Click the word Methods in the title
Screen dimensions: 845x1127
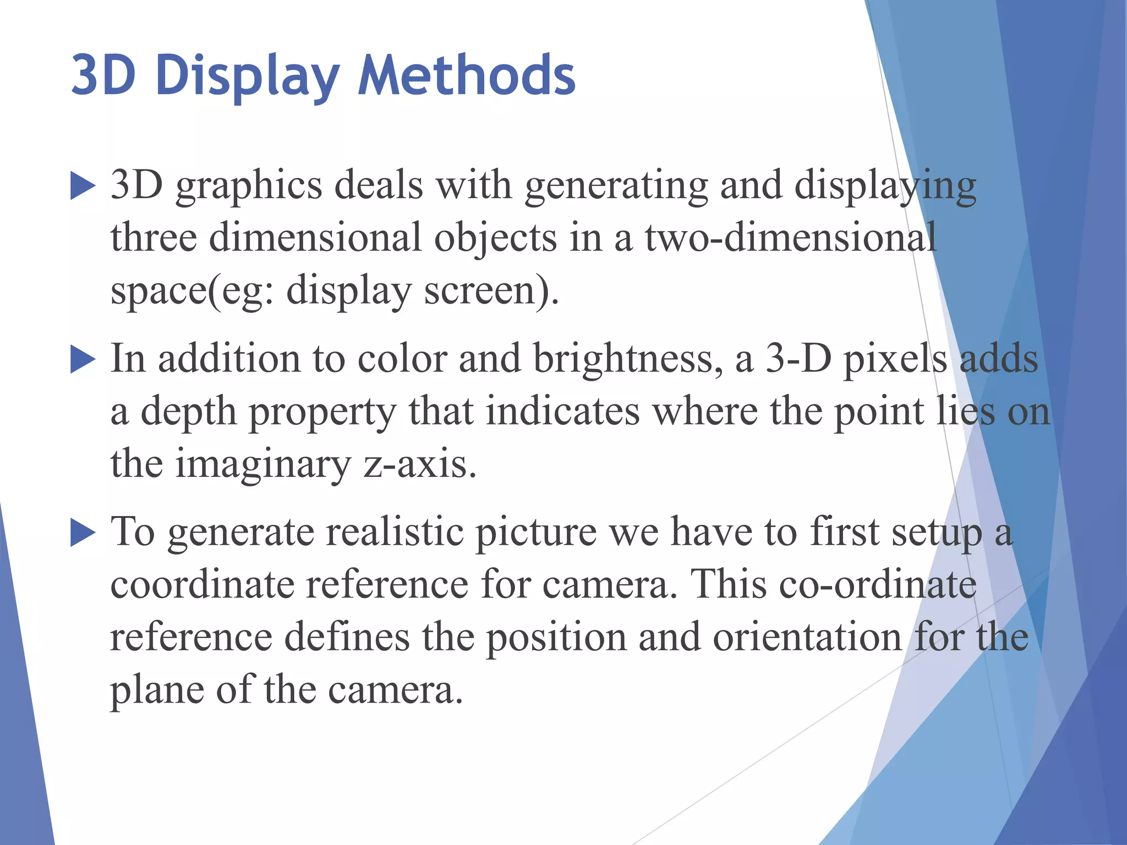point(467,75)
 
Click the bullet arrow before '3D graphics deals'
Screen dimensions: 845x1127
point(83,186)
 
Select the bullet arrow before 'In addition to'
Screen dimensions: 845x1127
point(83,360)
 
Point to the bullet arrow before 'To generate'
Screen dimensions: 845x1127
point(83,534)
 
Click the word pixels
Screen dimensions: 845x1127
point(895,359)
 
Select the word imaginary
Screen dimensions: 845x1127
point(262,464)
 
